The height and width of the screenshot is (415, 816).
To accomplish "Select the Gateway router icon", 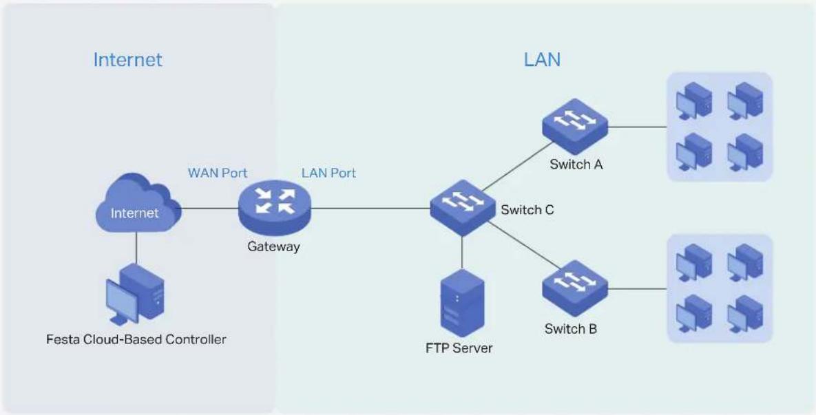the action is (x=274, y=208).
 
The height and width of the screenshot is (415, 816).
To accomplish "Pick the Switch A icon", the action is (x=575, y=127).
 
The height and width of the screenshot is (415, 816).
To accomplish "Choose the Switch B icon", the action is (x=575, y=288).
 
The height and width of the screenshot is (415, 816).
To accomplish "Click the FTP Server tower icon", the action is (x=462, y=303).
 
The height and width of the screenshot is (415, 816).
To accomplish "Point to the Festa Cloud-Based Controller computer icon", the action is (x=135, y=295).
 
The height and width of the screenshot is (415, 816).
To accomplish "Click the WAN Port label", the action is (x=218, y=173).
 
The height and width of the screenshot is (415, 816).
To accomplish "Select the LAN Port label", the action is (x=329, y=173).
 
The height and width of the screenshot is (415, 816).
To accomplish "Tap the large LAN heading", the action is (x=542, y=60).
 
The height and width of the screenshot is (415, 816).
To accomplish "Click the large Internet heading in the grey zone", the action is (x=127, y=60).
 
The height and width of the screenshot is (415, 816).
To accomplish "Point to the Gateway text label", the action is (x=274, y=246).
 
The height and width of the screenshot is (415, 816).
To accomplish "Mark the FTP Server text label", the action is (x=459, y=348).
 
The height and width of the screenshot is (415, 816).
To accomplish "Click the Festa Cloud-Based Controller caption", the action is (x=136, y=339).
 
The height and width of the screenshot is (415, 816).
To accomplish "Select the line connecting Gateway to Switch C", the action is (x=370, y=209).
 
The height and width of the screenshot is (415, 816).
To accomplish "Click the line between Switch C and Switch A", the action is (x=514, y=165).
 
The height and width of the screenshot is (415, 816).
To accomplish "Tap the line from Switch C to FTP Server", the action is (x=462, y=253).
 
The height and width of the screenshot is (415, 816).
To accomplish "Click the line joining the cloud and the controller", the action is (x=136, y=248).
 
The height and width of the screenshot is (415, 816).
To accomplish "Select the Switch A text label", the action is (x=576, y=165).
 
